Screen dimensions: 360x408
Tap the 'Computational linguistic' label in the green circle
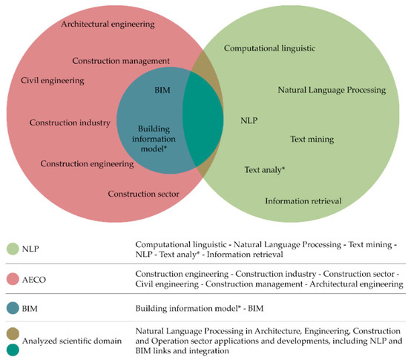pos(270,48)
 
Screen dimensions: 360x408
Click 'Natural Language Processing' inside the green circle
pos(332,90)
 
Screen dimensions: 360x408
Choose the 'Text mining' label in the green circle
pos(311,139)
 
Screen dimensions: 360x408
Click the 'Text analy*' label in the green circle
pos(265,170)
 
